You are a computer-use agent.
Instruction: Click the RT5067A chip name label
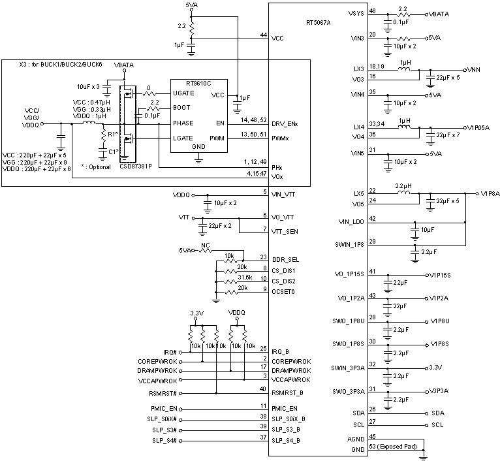pyautogui.click(x=319, y=23)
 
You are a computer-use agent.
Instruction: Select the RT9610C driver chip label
pyautogui.click(x=199, y=84)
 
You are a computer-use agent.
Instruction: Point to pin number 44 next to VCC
pyautogui.click(x=263, y=35)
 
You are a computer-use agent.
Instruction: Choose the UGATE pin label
pyautogui.click(x=183, y=94)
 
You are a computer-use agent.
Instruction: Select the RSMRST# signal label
pyautogui.click(x=164, y=393)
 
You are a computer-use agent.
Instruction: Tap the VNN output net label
pyautogui.click(x=475, y=69)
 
